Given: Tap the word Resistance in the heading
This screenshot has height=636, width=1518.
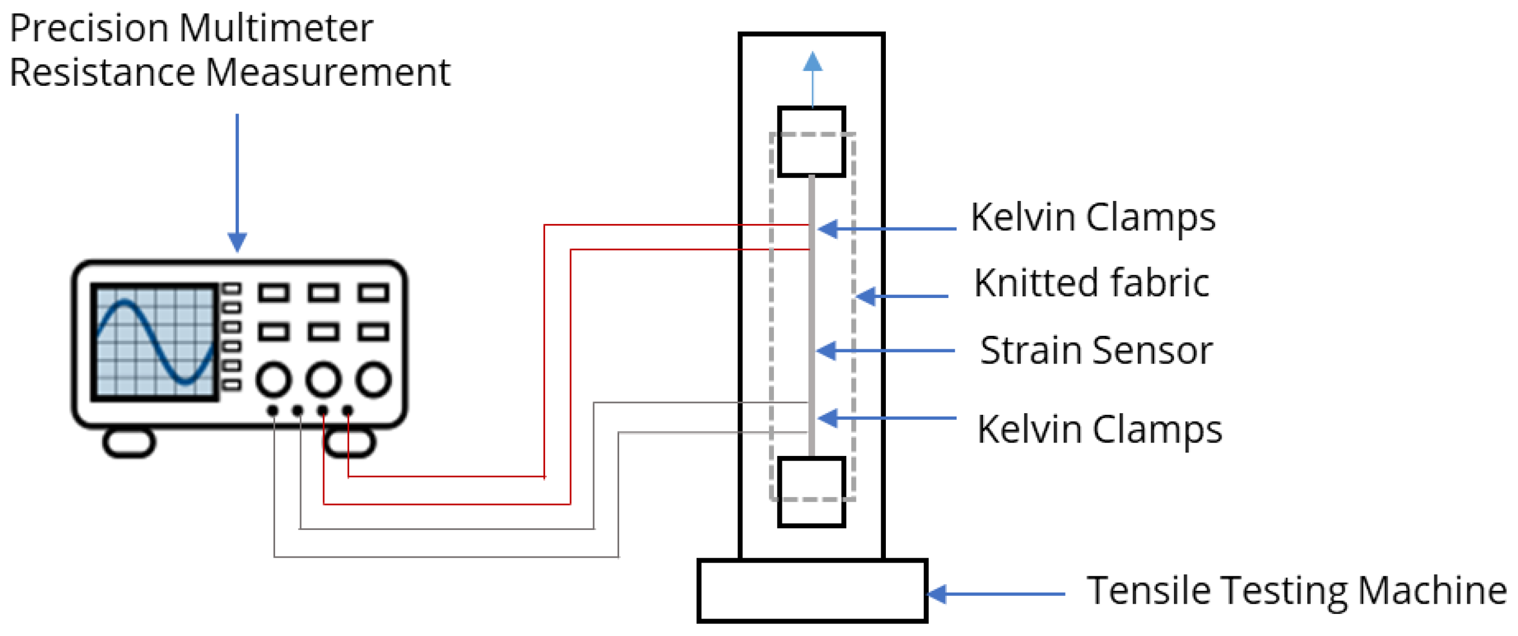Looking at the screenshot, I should tap(102, 73).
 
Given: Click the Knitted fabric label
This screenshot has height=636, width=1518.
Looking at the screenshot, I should tap(1091, 283).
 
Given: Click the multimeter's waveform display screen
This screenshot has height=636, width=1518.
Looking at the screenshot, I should tap(154, 342).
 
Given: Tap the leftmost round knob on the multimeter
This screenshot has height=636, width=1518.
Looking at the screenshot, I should tap(273, 379).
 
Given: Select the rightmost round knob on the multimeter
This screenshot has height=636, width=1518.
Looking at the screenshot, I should tap(373, 379).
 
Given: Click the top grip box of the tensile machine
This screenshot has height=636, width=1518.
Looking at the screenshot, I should tap(811, 142).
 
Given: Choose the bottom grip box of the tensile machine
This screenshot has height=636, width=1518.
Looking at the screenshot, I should tap(811, 492).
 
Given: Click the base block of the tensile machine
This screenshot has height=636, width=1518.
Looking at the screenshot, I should tap(812, 591).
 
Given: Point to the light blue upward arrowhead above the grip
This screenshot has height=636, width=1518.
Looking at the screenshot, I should tap(812, 62).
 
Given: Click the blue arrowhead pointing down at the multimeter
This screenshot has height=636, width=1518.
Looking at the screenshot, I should tap(237, 242).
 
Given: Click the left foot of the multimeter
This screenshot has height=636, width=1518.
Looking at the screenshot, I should tap(129, 443).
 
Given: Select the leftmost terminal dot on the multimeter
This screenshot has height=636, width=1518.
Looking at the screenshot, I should tap(272, 410).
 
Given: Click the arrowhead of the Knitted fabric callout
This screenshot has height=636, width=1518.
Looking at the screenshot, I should tap(865, 296).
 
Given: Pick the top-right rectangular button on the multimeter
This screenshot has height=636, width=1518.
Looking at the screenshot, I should tap(373, 293).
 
